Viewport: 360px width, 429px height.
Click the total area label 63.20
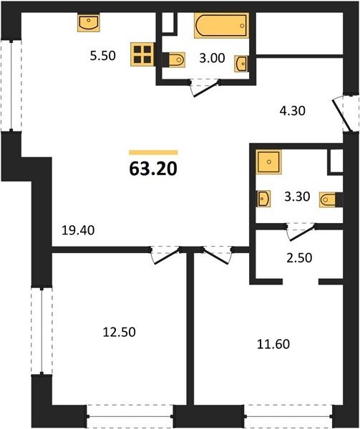153,169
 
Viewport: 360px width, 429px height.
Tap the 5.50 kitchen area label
103,56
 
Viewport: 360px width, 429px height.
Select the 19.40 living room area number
78,230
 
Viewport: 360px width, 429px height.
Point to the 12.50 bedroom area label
120,332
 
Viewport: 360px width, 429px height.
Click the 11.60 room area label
273,344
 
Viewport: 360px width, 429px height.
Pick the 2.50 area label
299,258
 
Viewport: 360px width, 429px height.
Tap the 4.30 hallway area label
293,111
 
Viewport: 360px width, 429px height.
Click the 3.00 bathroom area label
212,59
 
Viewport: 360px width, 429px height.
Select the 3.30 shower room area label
297,197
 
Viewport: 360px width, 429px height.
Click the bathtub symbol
221,25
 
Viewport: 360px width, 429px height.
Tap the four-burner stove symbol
142,55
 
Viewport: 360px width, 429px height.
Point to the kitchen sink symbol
89,23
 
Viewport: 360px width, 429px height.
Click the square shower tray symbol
269,162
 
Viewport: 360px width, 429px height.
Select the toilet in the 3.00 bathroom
174,59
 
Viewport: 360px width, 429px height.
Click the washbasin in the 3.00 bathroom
241,64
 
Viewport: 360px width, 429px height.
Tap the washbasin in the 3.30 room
263,198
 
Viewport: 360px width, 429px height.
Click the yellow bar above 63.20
153,152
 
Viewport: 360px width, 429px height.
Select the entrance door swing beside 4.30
341,115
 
